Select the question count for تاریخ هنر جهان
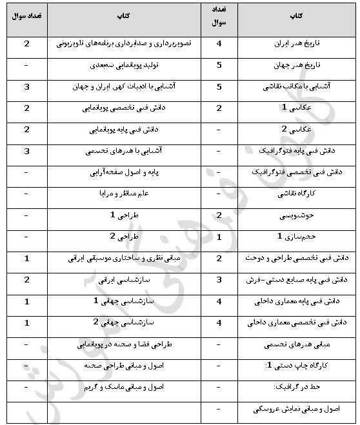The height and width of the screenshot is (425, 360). point(219,65)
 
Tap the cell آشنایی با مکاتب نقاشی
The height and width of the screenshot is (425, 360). point(297,86)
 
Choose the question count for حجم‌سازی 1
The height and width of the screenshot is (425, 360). point(219,237)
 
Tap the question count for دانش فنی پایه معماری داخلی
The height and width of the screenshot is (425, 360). point(219,301)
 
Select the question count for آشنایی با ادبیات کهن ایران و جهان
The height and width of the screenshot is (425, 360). point(26,86)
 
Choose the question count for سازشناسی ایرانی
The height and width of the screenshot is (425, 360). point(26,280)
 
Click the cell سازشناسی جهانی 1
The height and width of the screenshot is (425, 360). point(125,301)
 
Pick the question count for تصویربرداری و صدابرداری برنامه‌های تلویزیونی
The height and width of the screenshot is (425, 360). point(26,44)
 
